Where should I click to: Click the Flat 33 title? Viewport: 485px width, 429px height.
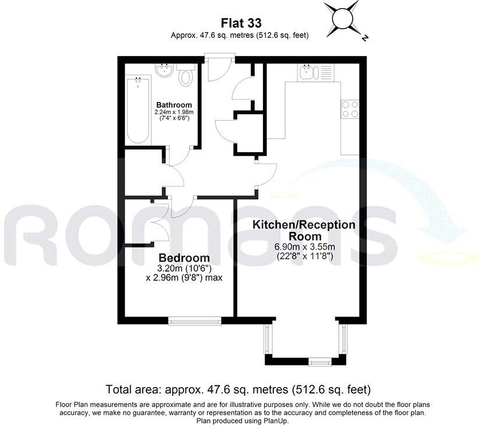tap(240, 23)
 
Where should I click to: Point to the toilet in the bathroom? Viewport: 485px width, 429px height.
tap(187, 76)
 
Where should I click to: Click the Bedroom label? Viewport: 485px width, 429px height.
tap(184, 258)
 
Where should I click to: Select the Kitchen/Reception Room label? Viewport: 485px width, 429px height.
tap(303, 230)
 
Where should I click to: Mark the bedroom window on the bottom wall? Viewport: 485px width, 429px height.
tap(194, 319)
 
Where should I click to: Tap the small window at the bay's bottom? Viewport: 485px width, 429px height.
tap(319, 362)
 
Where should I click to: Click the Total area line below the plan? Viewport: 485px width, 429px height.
tap(238, 389)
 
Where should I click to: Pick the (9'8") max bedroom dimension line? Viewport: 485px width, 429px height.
tap(184, 277)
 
